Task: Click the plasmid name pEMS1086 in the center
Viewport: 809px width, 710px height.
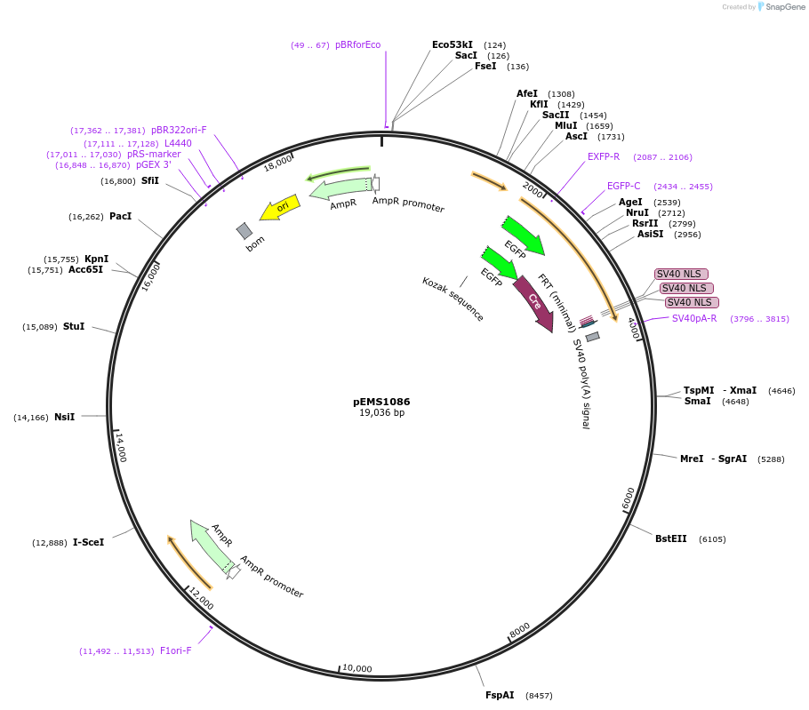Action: [381, 402]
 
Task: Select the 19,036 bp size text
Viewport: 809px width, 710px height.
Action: [381, 413]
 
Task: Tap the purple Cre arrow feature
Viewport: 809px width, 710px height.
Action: [533, 304]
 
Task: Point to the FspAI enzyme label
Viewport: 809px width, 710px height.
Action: [500, 695]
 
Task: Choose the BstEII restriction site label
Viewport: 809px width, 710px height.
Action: [671, 538]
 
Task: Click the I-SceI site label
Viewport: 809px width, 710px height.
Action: [88, 542]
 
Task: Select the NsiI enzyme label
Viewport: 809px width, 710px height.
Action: [64, 417]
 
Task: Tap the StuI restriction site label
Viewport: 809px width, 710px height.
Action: [73, 326]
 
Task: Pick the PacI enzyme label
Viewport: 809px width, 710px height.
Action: [120, 216]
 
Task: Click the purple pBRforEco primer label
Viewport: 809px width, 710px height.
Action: [357, 44]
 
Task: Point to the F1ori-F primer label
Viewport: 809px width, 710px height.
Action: [175, 650]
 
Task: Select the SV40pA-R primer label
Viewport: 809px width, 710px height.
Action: [693, 318]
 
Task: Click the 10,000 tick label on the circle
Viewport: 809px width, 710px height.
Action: [357, 669]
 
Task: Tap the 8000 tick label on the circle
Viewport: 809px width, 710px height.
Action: [520, 630]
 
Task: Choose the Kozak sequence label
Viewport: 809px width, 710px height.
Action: [453, 299]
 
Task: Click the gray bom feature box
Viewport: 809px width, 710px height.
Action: [244, 231]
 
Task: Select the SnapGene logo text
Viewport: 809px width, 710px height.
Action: [786, 7]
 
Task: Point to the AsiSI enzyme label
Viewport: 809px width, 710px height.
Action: [650, 234]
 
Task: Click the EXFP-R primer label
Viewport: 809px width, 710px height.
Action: [604, 156]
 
